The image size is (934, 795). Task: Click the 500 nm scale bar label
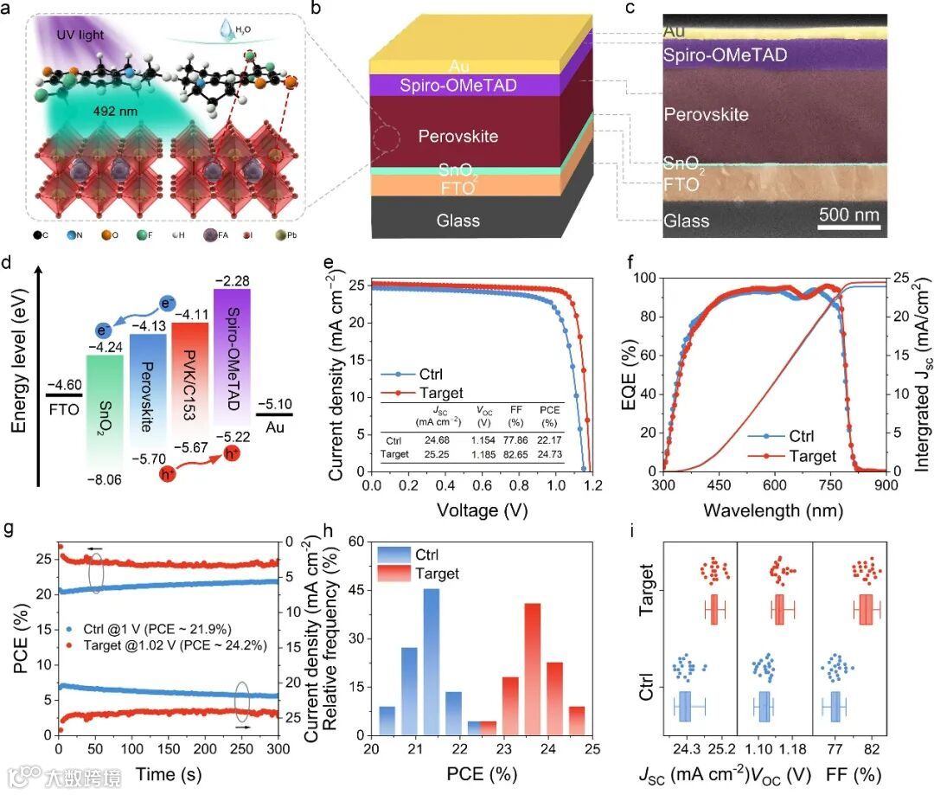click(850, 215)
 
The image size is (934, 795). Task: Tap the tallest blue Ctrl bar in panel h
click(431, 661)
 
